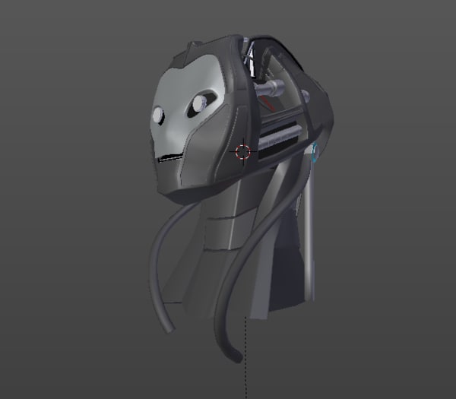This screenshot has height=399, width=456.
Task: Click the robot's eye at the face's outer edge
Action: click(158, 115)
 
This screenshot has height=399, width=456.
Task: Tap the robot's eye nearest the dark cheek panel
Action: click(201, 102)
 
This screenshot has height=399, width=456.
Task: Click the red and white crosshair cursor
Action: click(242, 151)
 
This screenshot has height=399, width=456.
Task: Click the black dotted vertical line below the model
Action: click(247, 357)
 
